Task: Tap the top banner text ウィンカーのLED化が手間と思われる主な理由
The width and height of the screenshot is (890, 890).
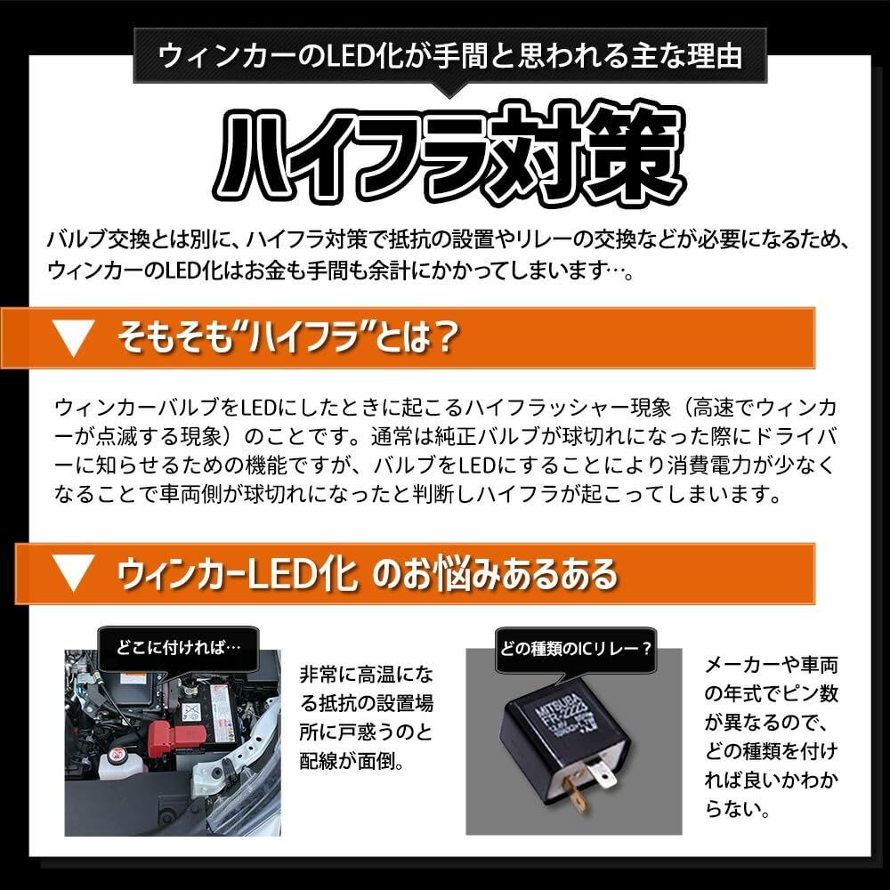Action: pos(449,56)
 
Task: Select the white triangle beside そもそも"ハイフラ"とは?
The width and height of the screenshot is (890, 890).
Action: pos(74,339)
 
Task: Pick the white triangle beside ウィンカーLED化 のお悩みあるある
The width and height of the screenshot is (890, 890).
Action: pos(74,573)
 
